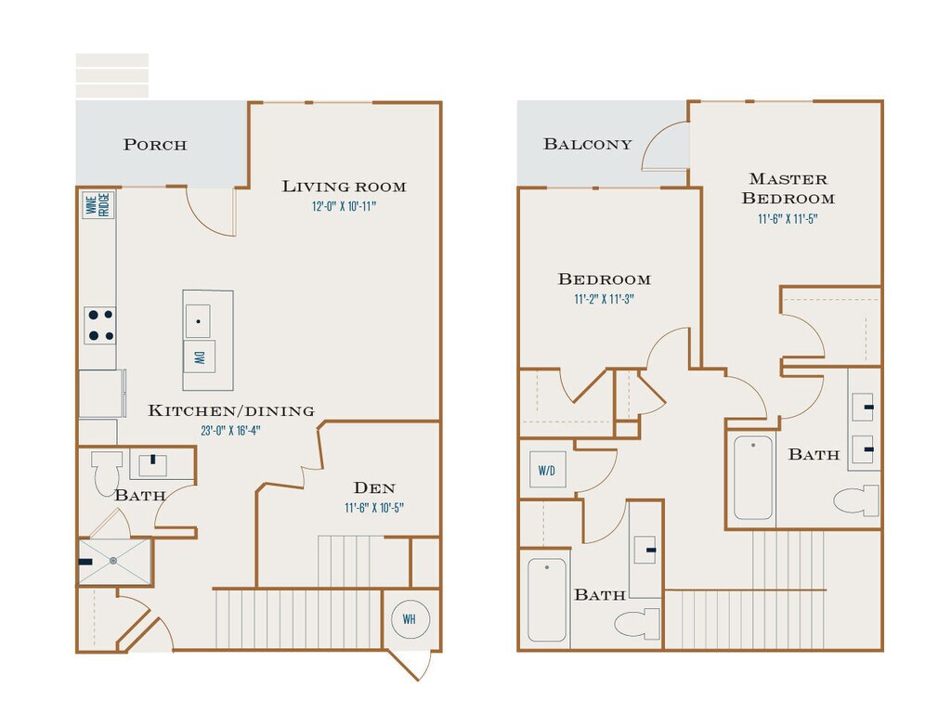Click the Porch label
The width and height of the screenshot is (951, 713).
click(155, 145)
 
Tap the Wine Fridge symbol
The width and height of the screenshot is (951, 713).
click(98, 205)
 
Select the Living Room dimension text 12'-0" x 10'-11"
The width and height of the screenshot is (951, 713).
click(344, 206)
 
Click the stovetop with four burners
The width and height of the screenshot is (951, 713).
click(100, 326)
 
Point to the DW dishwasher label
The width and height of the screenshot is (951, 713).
click(200, 357)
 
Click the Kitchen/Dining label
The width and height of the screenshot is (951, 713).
click(231, 411)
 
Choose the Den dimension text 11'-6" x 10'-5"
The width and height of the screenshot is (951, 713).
click(374, 508)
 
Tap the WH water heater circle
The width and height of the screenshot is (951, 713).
click(410, 619)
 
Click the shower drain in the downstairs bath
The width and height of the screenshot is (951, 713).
click(113, 562)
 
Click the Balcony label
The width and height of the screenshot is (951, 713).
click(587, 144)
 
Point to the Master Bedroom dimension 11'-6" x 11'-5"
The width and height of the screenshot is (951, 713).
click(788, 219)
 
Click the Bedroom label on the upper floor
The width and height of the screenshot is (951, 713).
click(604, 279)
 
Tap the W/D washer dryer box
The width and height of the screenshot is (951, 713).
click(547, 469)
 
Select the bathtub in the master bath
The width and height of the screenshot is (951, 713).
click(752, 477)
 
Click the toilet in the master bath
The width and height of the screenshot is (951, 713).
click(857, 500)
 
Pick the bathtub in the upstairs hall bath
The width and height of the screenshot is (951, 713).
click(547, 600)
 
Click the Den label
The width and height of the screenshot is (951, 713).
click(374, 488)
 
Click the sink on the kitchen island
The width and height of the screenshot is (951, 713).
click(199, 321)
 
